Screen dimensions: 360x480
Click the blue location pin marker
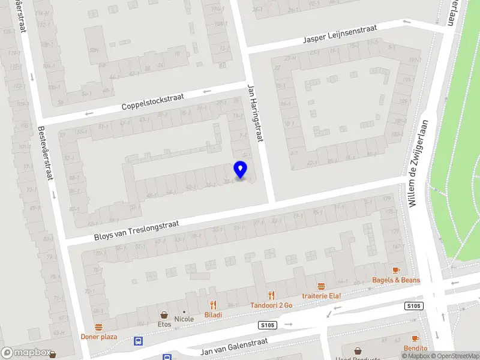[241, 169]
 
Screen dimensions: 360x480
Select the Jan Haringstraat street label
[255, 113]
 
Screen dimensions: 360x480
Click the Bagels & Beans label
[395, 280]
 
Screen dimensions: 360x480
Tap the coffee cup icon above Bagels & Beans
[395, 271]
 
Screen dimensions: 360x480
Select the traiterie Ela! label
[321, 296]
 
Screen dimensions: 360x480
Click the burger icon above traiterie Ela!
[321, 286]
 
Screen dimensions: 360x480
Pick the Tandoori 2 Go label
[271, 305]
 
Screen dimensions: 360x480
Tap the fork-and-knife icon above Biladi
[212, 305]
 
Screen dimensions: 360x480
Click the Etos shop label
[164, 324]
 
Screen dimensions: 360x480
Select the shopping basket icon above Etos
[163, 314]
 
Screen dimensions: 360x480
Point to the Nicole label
[184, 319]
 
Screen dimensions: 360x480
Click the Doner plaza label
[99, 337]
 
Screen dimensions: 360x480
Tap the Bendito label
[415, 348]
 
